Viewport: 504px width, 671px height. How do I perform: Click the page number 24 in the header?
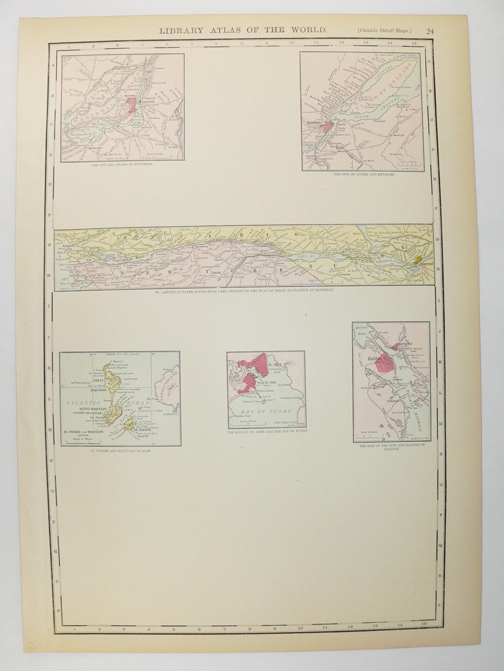[430, 31]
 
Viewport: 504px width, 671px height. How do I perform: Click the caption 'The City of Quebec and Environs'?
[364, 175]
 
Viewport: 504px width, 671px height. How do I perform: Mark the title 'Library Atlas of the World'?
[243, 31]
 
